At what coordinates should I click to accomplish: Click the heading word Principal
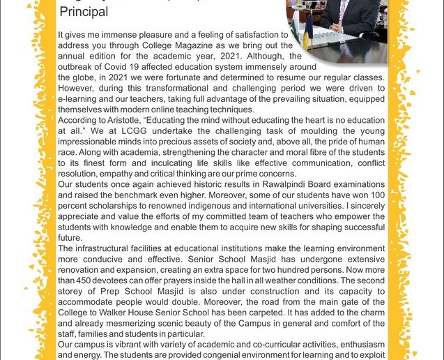tap(84, 12)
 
